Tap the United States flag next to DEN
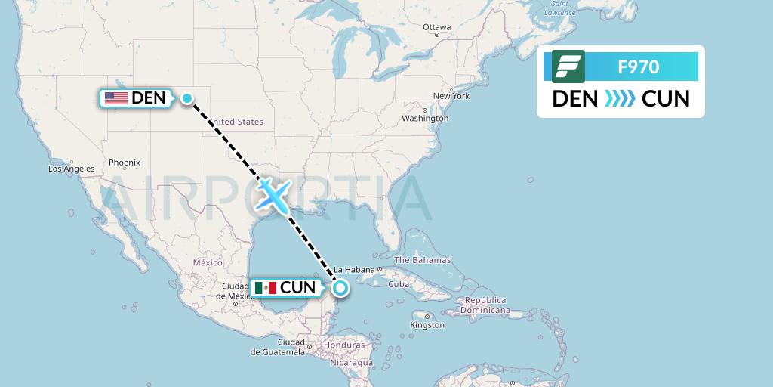pyautogui.click(x=115, y=98)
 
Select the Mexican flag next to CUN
pyautogui.click(x=265, y=287)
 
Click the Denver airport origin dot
pyautogui.click(x=186, y=98)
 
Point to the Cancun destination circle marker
pyautogui.click(x=341, y=287)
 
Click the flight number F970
pyautogui.click(x=639, y=67)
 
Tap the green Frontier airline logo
pyautogui.click(x=568, y=67)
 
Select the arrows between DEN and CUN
pyautogui.click(x=620, y=98)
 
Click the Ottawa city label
pyautogui.click(x=436, y=27)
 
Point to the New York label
pyautogui.click(x=451, y=96)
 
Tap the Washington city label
pyautogui.click(x=425, y=119)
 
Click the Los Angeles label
pyautogui.click(x=71, y=169)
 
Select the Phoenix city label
pyautogui.click(x=124, y=162)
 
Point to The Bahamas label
pyautogui.click(x=427, y=260)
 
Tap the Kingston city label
pyautogui.click(x=427, y=325)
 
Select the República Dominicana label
pyautogui.click(x=485, y=305)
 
